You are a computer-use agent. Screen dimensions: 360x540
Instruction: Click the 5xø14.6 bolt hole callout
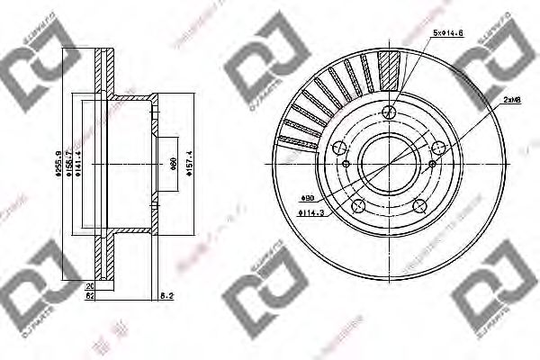446,33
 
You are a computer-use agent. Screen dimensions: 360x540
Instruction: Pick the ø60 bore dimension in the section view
171,163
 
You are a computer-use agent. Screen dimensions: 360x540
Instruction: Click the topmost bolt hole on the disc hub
390,112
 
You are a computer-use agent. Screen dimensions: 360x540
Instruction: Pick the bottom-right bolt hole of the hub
419,206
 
